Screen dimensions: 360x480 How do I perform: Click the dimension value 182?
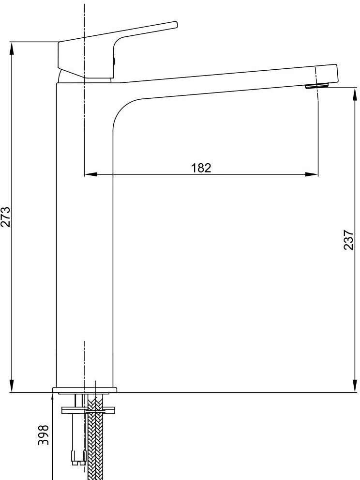coord(201,168)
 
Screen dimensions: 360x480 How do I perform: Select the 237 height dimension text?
coord(348,240)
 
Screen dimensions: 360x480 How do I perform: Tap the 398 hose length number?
coord(43,435)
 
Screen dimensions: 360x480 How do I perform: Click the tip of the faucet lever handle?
coord(176,25)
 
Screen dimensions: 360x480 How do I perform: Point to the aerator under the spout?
coord(317,86)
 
